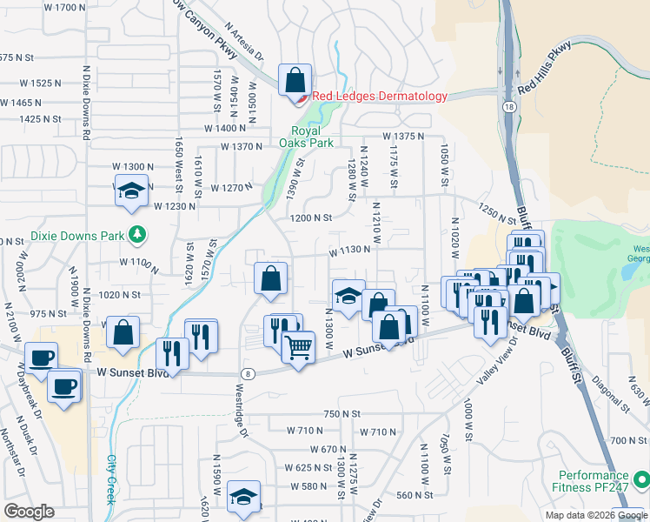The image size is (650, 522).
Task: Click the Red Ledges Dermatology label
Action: coord(380,97)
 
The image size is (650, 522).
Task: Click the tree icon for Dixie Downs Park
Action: coord(136,234)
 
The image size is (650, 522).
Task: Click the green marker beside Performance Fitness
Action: coord(641,479)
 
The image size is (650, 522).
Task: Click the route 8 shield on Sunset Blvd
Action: coord(249,373)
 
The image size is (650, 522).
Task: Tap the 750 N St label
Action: coord(342,414)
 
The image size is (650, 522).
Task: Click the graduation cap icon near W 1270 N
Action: coord(130,191)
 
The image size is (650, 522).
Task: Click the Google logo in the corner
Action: coord(29,512)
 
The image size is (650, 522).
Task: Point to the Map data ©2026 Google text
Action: coord(596,515)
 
